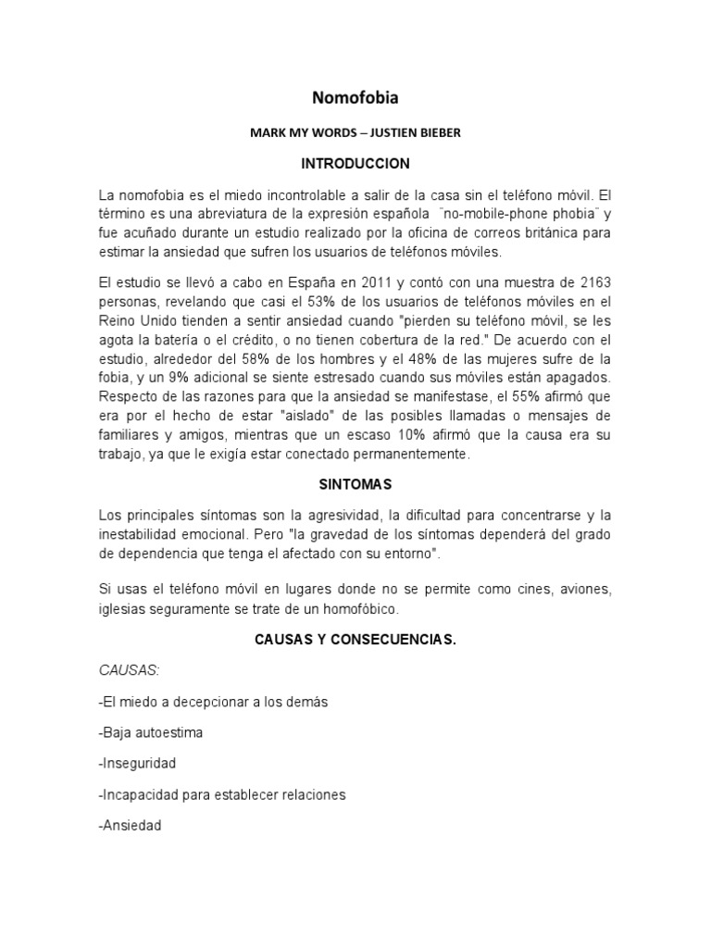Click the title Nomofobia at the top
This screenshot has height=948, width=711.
pos(355,96)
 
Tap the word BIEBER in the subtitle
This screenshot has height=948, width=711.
pos(436,133)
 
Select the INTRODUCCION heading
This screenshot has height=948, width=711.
pos(355,163)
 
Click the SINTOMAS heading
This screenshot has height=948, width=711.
pos(355,484)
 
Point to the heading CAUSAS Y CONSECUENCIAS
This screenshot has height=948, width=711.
pos(355,641)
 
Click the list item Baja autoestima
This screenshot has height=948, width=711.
pos(151,732)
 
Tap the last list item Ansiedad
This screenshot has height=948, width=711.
pos(130,825)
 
